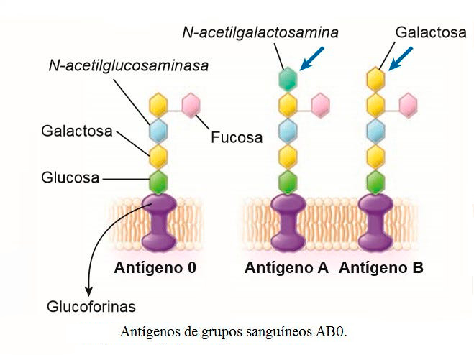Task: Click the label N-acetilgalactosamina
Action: [260, 32]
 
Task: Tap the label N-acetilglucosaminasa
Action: [129, 65]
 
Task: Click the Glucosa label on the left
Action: [70, 177]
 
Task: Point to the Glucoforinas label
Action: [91, 307]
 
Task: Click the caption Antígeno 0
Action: [155, 269]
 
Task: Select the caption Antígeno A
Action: [286, 269]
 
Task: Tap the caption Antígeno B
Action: [381, 269]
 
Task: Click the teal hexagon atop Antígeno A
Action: [288, 78]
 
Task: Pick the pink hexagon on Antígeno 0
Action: [191, 105]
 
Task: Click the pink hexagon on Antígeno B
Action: [407, 104]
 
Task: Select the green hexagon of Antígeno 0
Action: [158, 179]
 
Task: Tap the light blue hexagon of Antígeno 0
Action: [158, 130]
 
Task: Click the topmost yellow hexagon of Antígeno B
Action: [374, 78]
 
